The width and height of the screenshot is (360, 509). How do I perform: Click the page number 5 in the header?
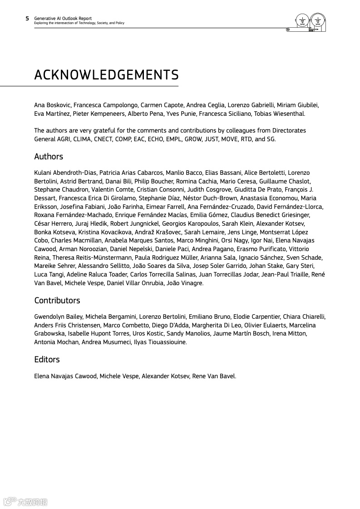27,19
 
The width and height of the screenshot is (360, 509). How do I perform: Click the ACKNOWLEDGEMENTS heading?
106,75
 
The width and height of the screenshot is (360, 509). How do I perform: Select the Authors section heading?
49,157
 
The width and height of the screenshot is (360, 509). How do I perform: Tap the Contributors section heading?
57,301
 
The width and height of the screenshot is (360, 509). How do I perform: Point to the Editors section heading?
47,360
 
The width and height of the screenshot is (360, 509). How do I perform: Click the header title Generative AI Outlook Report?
63,19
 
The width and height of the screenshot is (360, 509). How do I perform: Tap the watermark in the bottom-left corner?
26,502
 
